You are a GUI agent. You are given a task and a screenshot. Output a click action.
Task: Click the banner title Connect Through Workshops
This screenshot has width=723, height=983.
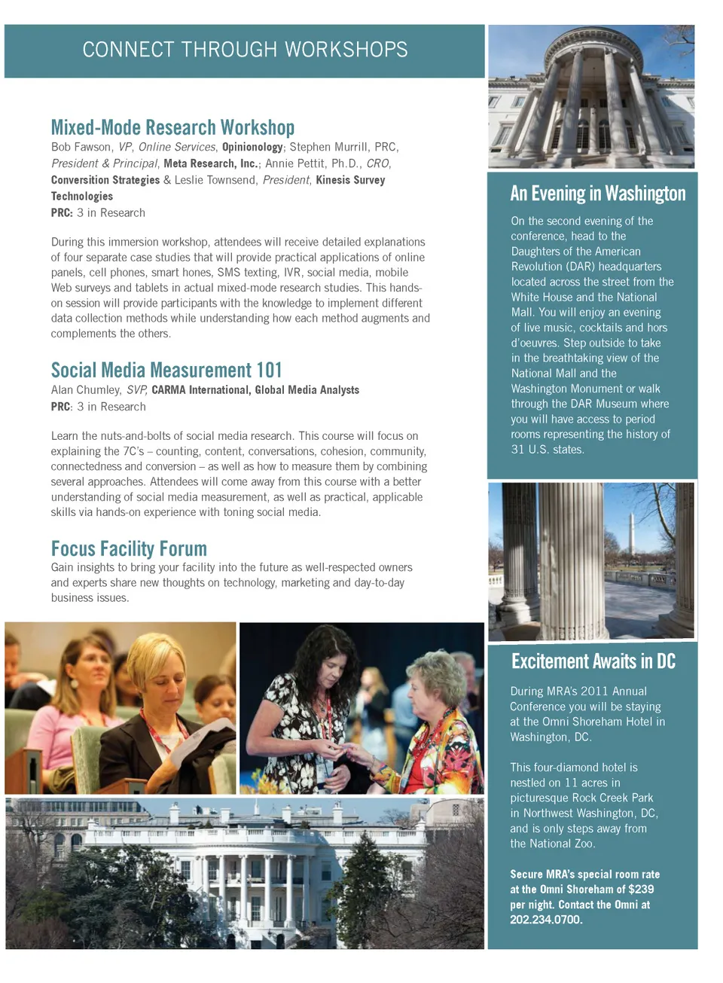click(x=245, y=50)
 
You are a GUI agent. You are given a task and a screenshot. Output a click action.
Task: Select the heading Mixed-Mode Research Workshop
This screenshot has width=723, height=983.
click(x=172, y=127)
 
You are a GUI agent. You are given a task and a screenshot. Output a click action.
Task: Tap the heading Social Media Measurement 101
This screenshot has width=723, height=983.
click(x=166, y=370)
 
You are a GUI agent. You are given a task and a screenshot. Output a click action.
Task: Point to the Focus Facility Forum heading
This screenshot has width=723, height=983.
click(x=129, y=548)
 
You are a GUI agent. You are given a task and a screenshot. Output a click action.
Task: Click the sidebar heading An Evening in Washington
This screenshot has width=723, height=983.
click(x=597, y=194)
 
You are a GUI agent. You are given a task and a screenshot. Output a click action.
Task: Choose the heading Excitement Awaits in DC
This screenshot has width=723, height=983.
click(x=593, y=661)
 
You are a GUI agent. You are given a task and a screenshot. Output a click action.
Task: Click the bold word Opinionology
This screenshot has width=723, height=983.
click(x=252, y=147)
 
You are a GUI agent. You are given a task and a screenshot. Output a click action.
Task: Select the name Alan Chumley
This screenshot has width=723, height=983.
click(x=85, y=389)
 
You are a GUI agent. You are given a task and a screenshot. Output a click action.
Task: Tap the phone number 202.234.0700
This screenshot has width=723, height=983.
click(x=546, y=920)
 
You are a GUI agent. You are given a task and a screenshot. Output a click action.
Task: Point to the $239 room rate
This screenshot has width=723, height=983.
click(x=641, y=889)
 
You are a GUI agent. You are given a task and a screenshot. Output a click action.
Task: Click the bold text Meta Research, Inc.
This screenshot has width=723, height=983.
click(x=210, y=163)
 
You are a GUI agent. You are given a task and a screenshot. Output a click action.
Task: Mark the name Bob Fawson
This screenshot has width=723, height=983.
click(x=81, y=147)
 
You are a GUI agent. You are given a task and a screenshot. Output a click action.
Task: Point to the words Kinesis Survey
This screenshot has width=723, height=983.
click(x=350, y=180)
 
